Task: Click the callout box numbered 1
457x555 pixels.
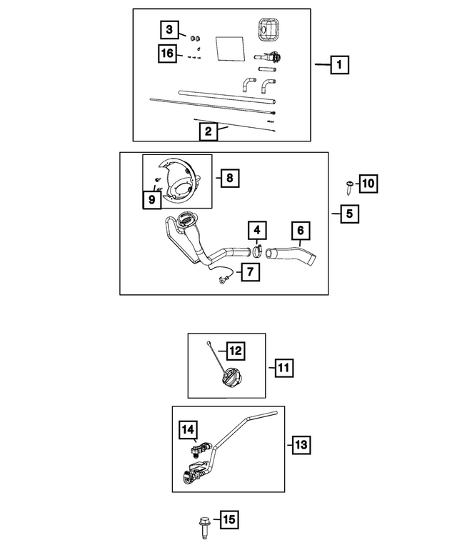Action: (339, 66)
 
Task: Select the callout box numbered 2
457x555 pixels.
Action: (209, 131)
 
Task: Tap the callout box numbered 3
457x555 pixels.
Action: (169, 30)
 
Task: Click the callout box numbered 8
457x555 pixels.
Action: (228, 177)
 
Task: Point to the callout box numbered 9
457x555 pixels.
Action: (152, 199)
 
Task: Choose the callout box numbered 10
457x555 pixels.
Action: (367, 184)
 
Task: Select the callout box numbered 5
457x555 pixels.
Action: (349, 213)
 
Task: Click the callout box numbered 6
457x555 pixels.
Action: (301, 231)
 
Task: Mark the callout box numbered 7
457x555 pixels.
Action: (250, 272)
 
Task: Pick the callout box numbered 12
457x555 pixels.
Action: (236, 350)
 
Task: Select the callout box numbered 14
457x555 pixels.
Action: (188, 429)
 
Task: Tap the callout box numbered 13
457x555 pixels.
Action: (301, 444)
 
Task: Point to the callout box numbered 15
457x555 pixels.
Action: (228, 521)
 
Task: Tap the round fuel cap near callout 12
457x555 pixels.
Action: (231, 376)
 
